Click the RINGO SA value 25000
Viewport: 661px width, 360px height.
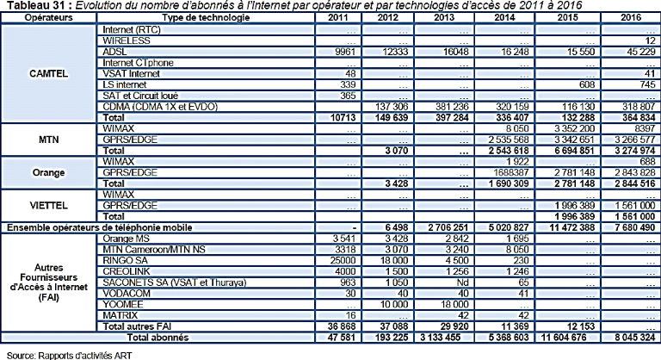coord(313,257)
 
